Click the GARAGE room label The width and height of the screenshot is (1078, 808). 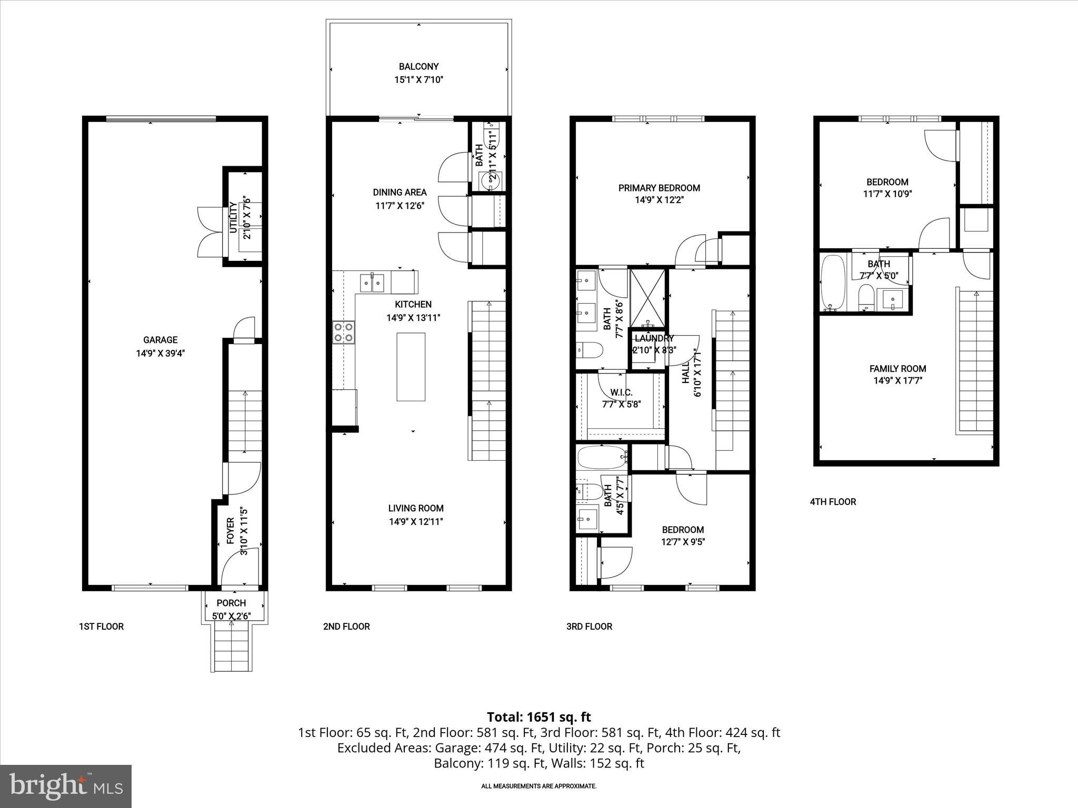[x=160, y=340]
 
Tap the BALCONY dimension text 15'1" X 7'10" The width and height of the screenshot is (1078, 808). [x=418, y=80]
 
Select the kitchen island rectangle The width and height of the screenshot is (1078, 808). [x=411, y=367]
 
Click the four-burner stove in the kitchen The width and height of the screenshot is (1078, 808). [x=343, y=332]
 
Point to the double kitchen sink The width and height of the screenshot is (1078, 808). [x=372, y=283]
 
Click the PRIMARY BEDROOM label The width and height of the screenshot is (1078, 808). [x=659, y=188]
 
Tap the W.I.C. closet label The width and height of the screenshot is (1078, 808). [x=621, y=392]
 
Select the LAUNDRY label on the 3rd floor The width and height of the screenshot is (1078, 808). [x=654, y=339]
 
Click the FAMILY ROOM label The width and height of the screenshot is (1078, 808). [x=897, y=369]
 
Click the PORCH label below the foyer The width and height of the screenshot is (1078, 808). [x=231, y=603]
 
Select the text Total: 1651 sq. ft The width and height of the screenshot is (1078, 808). [x=538, y=717]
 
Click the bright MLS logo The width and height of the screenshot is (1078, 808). [x=66, y=786]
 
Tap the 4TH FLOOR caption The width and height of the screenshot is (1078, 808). [x=833, y=502]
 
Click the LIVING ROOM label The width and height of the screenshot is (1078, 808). [x=416, y=508]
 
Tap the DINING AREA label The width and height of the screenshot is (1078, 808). [x=400, y=192]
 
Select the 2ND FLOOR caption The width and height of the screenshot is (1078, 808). [x=346, y=627]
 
